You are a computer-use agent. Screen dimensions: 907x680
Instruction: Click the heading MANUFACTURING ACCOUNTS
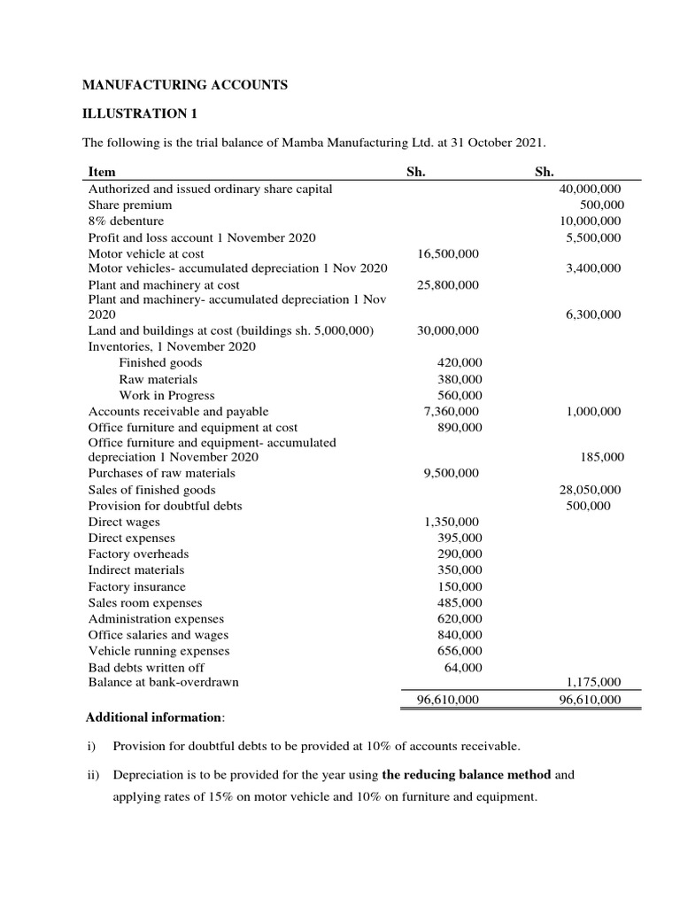pyautogui.click(x=185, y=85)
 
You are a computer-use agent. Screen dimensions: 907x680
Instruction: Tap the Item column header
pyautogui.click(x=102, y=172)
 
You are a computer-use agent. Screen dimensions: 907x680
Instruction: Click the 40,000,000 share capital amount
pyautogui.click(x=591, y=189)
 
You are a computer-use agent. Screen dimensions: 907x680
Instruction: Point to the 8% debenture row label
pyautogui.click(x=126, y=221)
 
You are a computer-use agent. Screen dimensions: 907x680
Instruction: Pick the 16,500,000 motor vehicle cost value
pyautogui.click(x=447, y=253)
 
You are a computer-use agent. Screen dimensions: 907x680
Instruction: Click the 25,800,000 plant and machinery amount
pyautogui.click(x=447, y=284)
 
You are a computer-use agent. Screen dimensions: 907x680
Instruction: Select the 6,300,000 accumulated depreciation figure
pyautogui.click(x=593, y=314)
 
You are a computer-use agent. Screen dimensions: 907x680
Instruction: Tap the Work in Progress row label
pyautogui.click(x=166, y=395)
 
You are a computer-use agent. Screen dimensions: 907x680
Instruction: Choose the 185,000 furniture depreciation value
pyautogui.click(x=601, y=457)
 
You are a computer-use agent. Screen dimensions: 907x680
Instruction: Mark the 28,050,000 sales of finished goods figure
pyautogui.click(x=591, y=489)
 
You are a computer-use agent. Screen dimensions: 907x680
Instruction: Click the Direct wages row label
pyautogui.click(x=124, y=522)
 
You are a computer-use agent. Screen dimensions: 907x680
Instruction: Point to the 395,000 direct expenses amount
pyautogui.click(x=460, y=538)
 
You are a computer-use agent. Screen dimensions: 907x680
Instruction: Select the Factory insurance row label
pyautogui.click(x=137, y=586)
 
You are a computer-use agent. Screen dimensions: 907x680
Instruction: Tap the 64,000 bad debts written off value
pyautogui.click(x=463, y=666)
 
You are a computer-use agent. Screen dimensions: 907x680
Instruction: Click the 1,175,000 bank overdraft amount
pyautogui.click(x=593, y=681)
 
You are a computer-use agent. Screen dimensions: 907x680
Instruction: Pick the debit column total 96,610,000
pyautogui.click(x=447, y=699)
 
